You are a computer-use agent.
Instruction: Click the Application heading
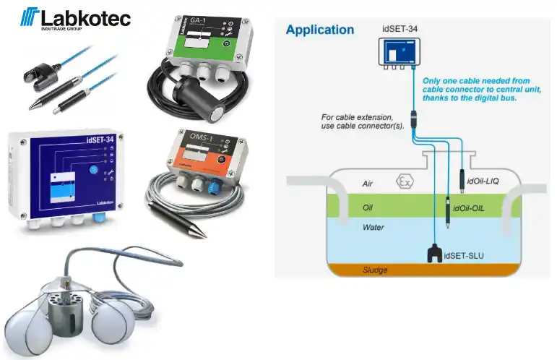pos(319,30)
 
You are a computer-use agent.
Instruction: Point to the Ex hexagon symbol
pos(404,181)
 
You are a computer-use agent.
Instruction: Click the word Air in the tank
pos(368,184)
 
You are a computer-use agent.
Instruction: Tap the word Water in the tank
pos(374,227)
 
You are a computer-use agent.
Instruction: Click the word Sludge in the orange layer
pos(375,270)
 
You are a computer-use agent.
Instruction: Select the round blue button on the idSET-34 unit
pos(91,171)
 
